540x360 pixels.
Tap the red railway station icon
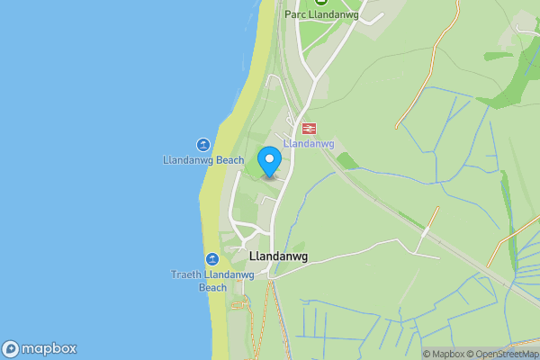point(309,129)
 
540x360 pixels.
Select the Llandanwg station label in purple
point(309,144)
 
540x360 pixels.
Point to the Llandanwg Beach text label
point(203,160)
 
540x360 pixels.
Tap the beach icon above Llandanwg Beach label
point(203,145)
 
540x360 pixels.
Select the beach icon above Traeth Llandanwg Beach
point(212,259)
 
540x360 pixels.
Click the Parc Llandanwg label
point(321,14)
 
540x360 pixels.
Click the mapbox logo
point(40,349)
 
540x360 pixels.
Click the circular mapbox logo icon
point(11,349)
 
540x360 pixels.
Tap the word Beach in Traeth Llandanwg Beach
point(212,288)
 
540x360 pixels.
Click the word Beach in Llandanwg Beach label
point(229,160)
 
